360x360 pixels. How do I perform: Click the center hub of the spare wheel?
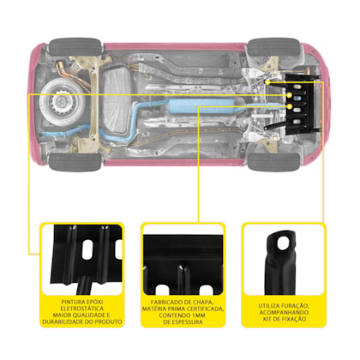[x=61, y=101]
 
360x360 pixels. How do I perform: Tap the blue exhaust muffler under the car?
[x=202, y=106]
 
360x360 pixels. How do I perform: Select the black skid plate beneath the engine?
[x=303, y=104]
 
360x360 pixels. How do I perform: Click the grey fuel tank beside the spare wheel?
[x=117, y=100]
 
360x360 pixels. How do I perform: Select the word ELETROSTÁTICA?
[x=82, y=309]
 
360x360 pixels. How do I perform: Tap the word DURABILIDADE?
[x=63, y=321]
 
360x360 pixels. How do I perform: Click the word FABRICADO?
[x=166, y=302]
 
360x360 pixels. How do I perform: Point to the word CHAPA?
[x=203, y=302]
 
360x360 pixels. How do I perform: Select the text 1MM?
[x=198, y=315]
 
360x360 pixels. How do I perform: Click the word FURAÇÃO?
[x=295, y=306]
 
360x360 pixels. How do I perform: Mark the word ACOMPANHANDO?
[x=284, y=312]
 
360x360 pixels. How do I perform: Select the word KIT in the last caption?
[x=267, y=319]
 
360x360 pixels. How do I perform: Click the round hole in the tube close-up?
[x=283, y=240]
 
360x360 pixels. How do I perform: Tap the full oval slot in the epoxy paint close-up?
[x=87, y=249]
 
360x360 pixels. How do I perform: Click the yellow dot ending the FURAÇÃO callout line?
[x=267, y=82]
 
